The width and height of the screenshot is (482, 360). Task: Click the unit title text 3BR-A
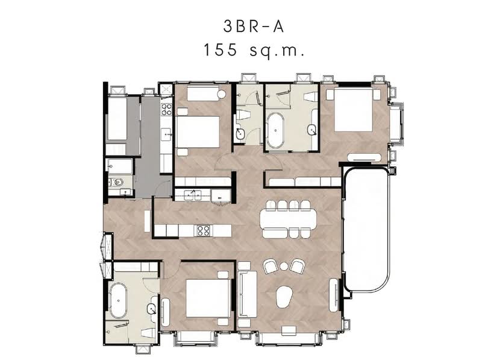click(253, 27)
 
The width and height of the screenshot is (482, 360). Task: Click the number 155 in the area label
click(220, 49)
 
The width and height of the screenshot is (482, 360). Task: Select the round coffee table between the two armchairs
click(284, 267)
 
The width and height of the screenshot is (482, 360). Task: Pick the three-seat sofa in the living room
click(247, 294)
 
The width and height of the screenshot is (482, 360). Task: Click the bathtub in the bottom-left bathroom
click(118, 301)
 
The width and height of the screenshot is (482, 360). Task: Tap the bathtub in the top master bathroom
click(276, 130)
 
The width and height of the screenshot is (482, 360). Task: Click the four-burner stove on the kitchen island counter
click(204, 230)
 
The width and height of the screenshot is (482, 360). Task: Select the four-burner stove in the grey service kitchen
click(167, 110)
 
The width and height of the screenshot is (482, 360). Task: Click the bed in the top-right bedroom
click(354, 110)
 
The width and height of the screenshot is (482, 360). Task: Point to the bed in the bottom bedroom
click(208, 298)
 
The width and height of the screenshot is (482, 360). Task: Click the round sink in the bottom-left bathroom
click(152, 309)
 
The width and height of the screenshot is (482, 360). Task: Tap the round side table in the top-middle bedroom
click(222, 95)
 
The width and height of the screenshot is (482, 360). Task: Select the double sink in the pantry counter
click(193, 195)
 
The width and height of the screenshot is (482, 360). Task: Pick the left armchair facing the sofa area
click(271, 267)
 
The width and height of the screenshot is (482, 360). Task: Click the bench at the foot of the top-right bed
click(365, 157)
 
